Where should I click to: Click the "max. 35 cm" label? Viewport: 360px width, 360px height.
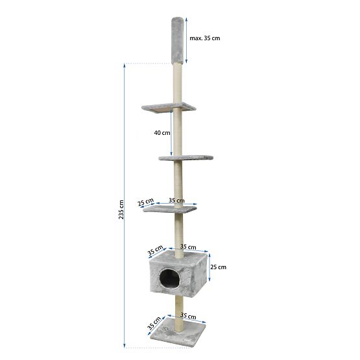204,38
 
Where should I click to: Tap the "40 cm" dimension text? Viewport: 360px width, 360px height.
162,133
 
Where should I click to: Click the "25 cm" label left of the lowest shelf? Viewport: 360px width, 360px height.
146,202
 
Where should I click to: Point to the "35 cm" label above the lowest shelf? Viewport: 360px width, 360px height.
176,201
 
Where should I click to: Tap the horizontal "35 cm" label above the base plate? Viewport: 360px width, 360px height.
187,317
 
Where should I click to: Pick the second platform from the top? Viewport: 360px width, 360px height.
186,158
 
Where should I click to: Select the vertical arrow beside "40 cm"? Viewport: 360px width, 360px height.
172,134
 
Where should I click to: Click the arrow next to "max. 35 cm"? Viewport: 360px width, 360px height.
186,39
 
